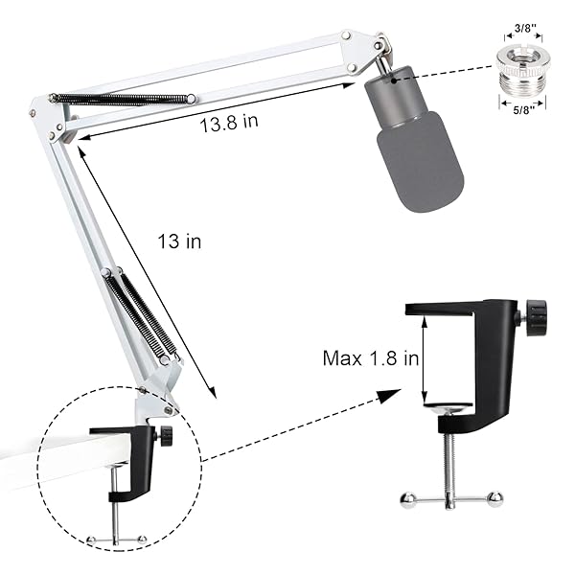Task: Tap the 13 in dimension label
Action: (x=179, y=241)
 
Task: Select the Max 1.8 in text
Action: (x=371, y=358)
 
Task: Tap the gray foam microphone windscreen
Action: (x=419, y=158)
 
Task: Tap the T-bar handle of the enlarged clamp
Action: (x=451, y=496)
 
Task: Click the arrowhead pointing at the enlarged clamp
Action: (x=388, y=395)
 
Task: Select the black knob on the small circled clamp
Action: (x=167, y=435)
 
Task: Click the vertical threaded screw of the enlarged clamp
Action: (x=449, y=450)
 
